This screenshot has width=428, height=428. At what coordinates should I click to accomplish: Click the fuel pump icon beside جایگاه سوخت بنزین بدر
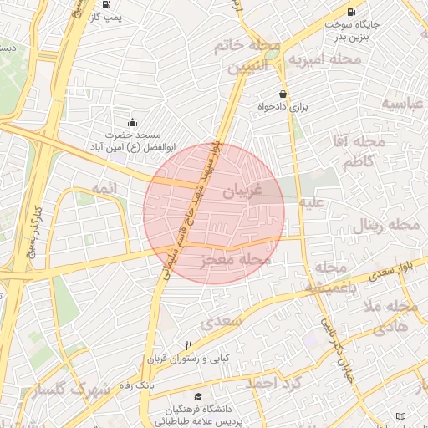click(x=349, y=12)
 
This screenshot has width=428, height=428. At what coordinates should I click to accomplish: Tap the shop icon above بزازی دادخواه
click(x=283, y=94)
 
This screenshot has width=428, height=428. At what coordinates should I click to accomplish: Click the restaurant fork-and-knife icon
click(x=190, y=345)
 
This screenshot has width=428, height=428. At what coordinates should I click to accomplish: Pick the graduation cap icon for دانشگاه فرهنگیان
click(x=198, y=396)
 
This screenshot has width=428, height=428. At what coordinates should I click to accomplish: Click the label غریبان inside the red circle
click(x=243, y=191)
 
